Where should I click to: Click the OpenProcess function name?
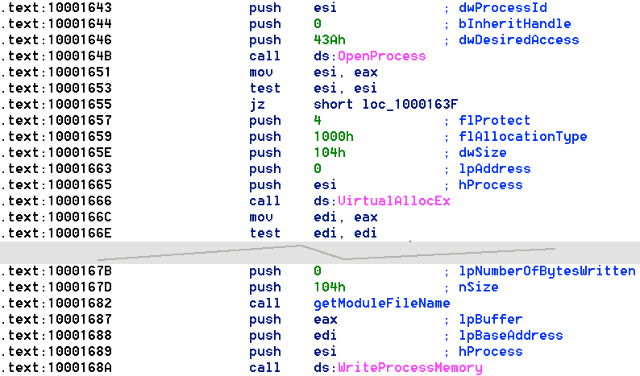pyautogui.click(x=381, y=56)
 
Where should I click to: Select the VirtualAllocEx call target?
pyautogui.click(x=394, y=201)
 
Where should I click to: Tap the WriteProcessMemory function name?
pyautogui.click(x=409, y=368)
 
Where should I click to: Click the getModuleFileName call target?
pyautogui.click(x=381, y=304)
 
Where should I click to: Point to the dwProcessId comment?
pyautogui.click(x=502, y=8)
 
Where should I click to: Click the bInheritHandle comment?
pyautogui.click(x=514, y=24)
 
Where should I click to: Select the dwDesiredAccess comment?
pyautogui.click(x=518, y=40)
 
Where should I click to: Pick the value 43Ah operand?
pyautogui.click(x=330, y=40)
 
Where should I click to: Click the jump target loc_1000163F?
pyautogui.click(x=409, y=105)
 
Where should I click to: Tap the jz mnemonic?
pyautogui.click(x=257, y=105)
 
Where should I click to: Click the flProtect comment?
pyautogui.click(x=494, y=121)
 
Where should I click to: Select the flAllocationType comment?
pyautogui.click(x=522, y=137)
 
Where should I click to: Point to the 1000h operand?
pyautogui.click(x=334, y=137)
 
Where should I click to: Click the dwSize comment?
pyautogui.click(x=483, y=153)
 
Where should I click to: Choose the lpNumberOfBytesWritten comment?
pyautogui.click(x=546, y=271)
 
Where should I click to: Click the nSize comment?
pyautogui.click(x=478, y=287)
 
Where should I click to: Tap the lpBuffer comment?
pyautogui.click(x=490, y=320)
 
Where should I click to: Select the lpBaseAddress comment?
pyautogui.click(x=510, y=336)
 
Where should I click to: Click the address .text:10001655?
pyautogui.click(x=56, y=105)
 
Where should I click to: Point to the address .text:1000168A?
pyautogui.click(x=56, y=368)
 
